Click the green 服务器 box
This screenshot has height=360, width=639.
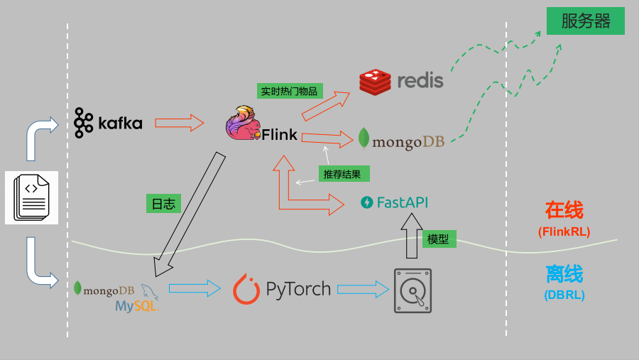(585, 21)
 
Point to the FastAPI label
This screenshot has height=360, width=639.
(395, 202)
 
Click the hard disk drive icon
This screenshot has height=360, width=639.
(413, 290)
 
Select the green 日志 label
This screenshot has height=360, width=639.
(163, 204)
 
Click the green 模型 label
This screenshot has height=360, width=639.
(439, 239)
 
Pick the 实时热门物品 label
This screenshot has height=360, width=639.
(290, 91)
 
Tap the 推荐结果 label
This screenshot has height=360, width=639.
(342, 174)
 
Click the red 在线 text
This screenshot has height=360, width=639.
(564, 210)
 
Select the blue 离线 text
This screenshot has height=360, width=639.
(564, 274)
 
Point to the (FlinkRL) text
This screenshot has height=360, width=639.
(564, 231)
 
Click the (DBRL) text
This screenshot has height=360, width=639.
(564, 295)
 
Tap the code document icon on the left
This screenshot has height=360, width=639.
(31, 197)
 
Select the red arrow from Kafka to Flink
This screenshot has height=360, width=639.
(180, 123)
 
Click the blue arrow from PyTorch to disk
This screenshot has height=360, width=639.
(363, 289)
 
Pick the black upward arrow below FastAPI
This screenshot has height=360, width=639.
(411, 236)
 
